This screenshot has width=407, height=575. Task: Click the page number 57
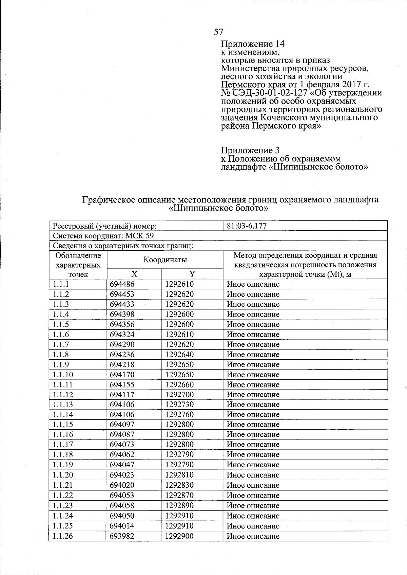click(218, 32)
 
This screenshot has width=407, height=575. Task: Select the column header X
click(134, 274)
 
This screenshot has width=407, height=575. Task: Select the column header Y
click(192, 274)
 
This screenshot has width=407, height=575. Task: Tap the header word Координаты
click(165, 260)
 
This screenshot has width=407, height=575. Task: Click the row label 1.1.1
click(61, 284)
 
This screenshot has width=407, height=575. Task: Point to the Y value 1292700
click(179, 395)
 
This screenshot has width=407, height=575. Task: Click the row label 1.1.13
click(63, 405)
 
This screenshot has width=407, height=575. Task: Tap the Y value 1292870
click(179, 495)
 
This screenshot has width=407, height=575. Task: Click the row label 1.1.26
click(63, 536)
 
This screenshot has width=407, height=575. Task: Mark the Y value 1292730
click(179, 405)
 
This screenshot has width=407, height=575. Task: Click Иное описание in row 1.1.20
click(253, 475)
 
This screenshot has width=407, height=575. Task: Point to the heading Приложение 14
click(252, 44)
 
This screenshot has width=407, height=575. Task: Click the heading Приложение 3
click(250, 150)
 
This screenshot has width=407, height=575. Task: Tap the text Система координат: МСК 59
click(103, 236)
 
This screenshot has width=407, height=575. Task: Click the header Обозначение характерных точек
click(78, 265)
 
